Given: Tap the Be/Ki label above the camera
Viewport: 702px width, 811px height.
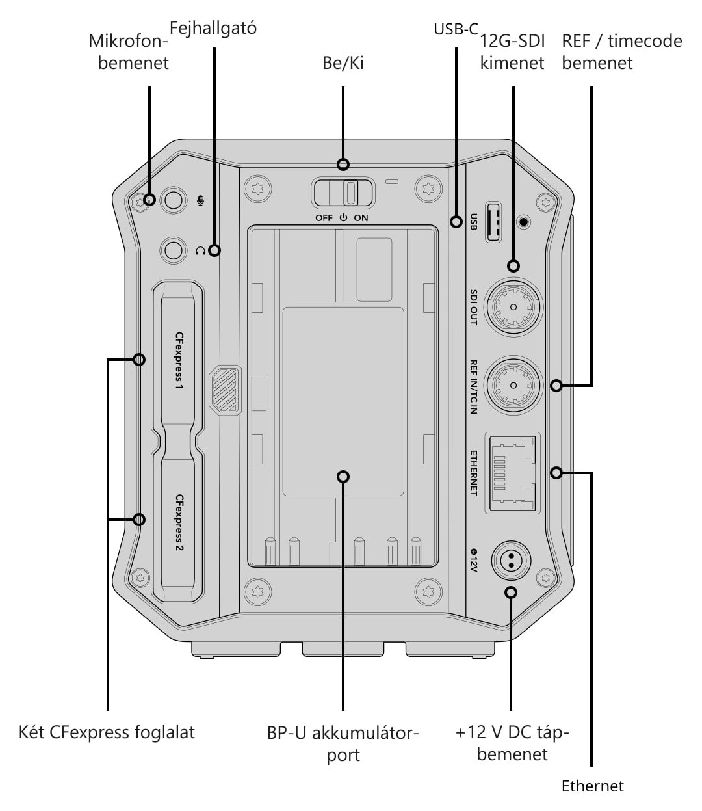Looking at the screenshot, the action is click(343, 63).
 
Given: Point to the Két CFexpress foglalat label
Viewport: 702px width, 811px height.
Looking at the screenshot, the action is click(107, 732).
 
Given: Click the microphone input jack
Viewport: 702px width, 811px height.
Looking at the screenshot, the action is click(174, 200).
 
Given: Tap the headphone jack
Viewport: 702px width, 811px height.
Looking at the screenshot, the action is click(174, 250).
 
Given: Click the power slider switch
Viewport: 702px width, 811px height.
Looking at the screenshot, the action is click(343, 193).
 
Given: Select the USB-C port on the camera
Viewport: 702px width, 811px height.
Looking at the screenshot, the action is click(493, 222).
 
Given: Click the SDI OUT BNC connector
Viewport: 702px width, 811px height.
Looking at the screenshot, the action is click(513, 307).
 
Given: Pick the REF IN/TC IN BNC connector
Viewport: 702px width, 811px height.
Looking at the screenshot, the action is click(513, 385).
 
